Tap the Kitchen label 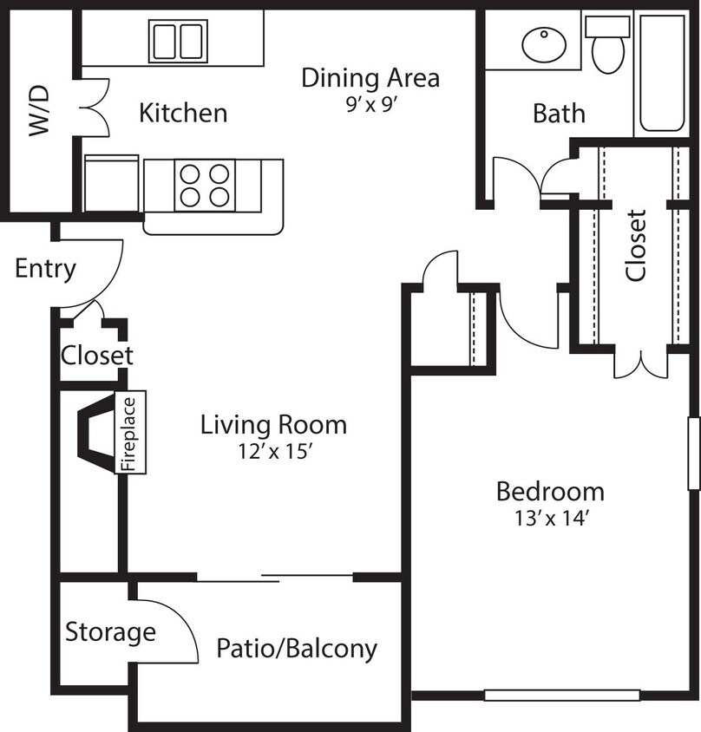(183, 113)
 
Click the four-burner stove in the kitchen (205, 185)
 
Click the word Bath (559, 114)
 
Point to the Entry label (45, 269)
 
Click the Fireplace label (130, 434)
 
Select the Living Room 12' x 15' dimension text (273, 452)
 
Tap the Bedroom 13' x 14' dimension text (550, 519)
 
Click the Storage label (110, 632)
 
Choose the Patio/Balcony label (297, 648)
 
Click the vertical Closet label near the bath (636, 245)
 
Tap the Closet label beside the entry (97, 356)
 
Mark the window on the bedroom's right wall (694, 451)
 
